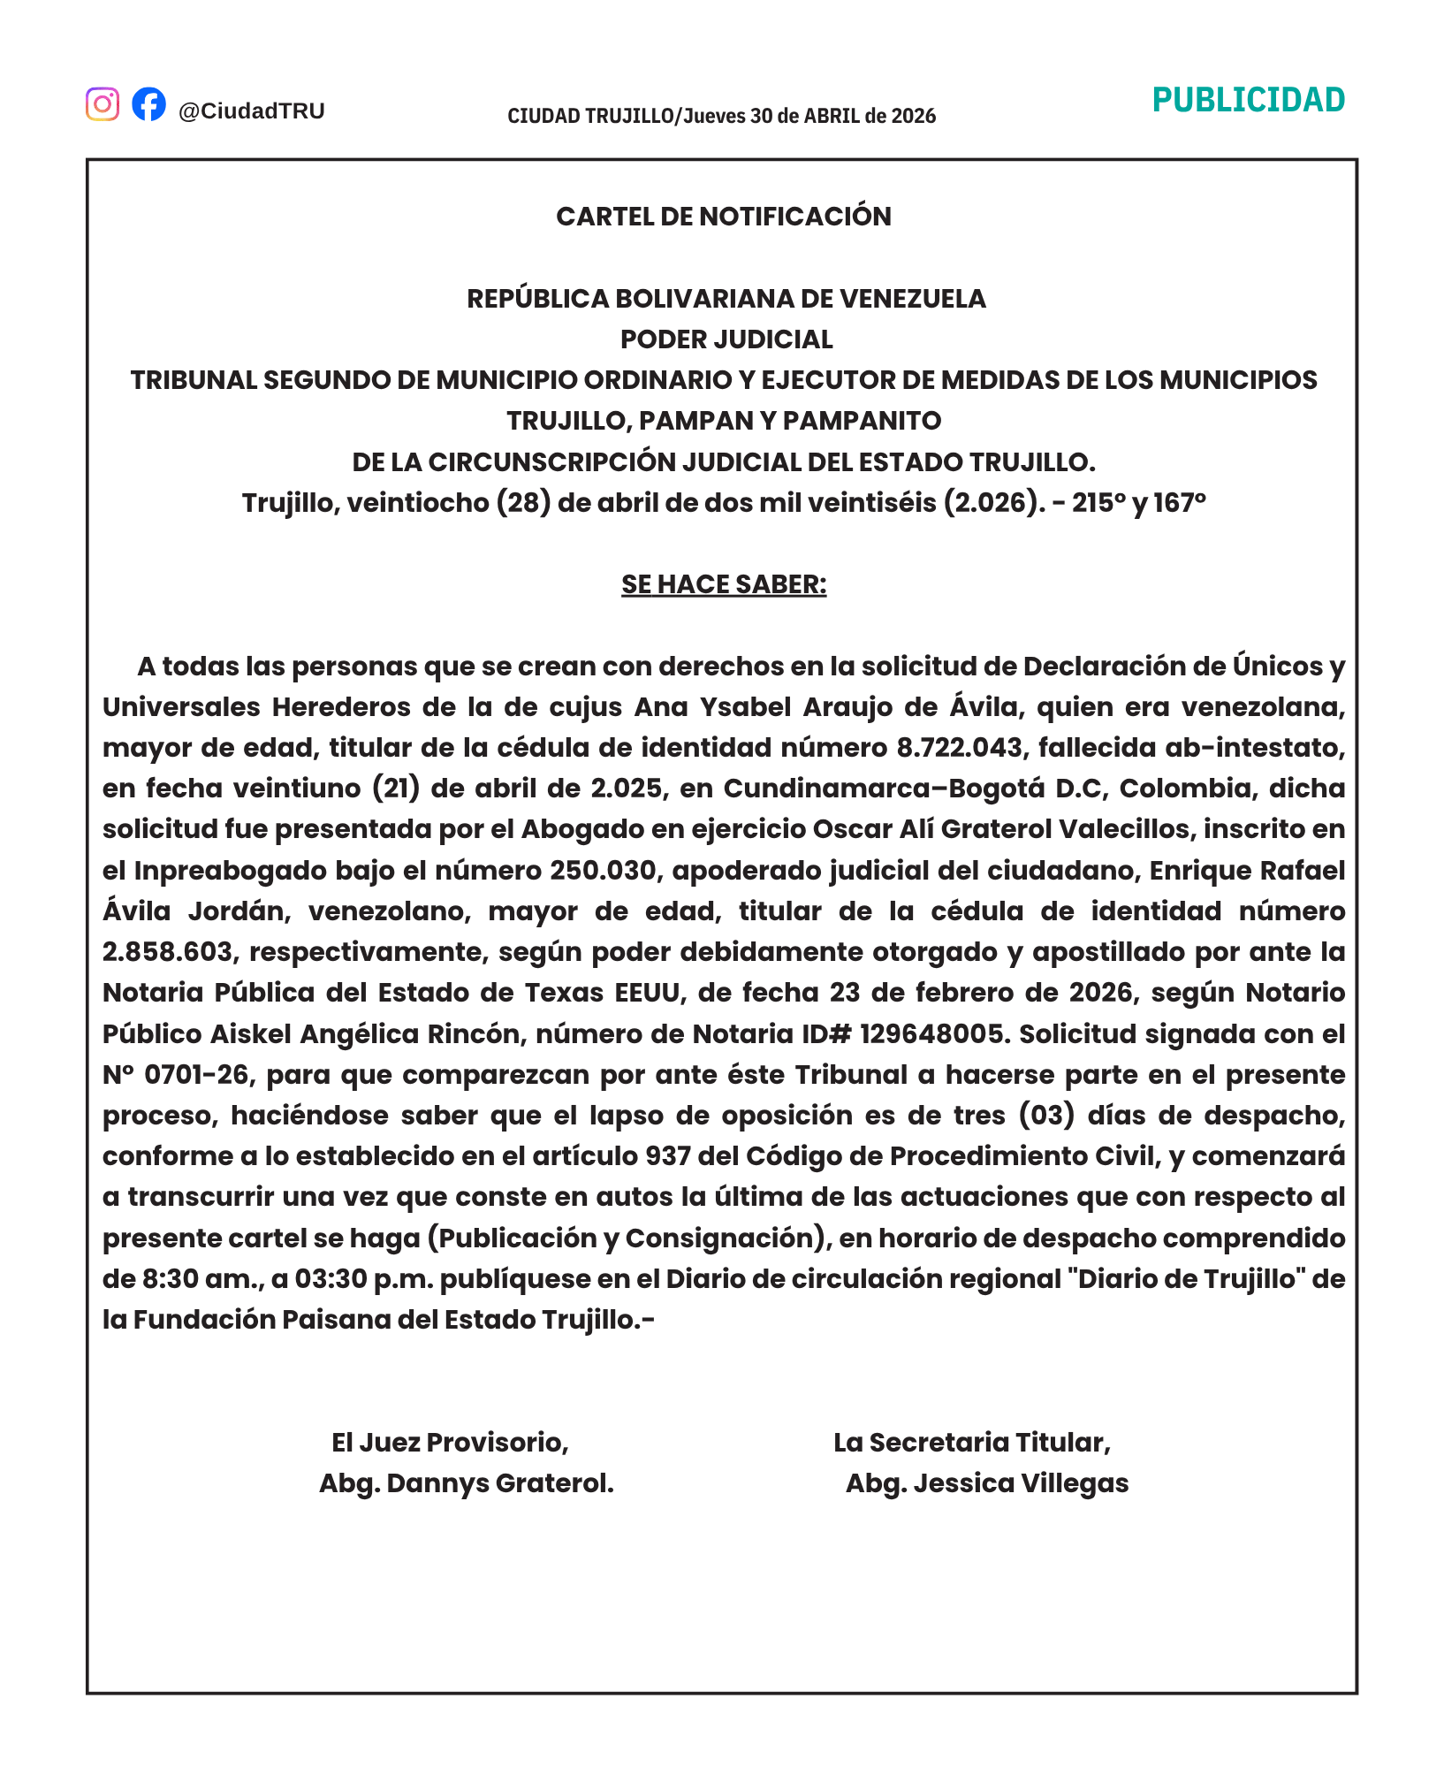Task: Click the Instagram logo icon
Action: coord(103,104)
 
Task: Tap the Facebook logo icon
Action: coord(148,104)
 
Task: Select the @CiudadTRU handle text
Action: coord(252,110)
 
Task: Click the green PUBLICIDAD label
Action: coord(1248,101)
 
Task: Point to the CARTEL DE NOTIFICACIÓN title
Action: coord(723,217)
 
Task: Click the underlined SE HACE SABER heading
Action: coord(723,584)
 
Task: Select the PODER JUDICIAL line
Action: coord(726,339)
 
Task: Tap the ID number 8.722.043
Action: coord(959,748)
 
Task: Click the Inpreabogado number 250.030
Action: coord(604,871)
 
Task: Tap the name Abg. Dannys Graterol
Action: coord(466,1483)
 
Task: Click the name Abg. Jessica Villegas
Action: coord(986,1483)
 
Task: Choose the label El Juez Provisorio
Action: coord(450,1443)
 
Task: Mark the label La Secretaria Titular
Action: coord(971,1443)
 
